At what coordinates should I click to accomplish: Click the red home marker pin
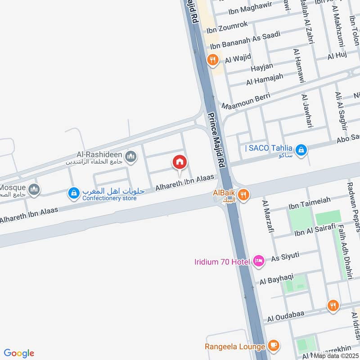pos(180,162)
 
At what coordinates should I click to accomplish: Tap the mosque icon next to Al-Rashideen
pos(131,157)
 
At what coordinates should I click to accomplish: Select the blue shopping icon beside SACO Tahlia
pos(301,149)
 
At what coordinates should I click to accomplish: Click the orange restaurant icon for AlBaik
pos(244,194)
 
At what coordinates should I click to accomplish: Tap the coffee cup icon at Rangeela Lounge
pos(273,346)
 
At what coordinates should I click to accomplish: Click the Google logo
pos(19,353)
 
